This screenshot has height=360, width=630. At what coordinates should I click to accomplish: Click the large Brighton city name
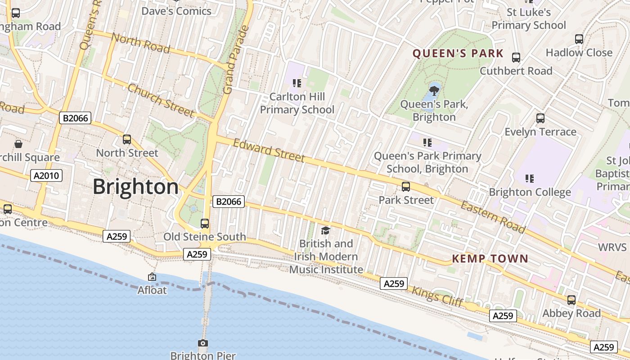pos(135,187)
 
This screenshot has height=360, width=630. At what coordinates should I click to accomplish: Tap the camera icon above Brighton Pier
pos(203,343)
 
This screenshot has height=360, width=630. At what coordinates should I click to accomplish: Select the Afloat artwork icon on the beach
pos(152,277)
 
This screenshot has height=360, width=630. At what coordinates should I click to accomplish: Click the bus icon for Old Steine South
pos(204,223)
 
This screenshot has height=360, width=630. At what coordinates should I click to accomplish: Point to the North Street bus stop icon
pos(127,139)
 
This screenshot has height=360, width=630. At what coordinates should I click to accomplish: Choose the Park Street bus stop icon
pos(406,187)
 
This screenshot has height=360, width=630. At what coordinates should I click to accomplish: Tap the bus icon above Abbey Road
pos(571,300)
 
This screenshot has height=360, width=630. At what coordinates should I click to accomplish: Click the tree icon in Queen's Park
pos(434,91)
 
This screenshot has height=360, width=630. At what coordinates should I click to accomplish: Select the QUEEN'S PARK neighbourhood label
pos(458,54)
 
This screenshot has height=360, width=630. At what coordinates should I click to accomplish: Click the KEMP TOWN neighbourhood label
pos(490,258)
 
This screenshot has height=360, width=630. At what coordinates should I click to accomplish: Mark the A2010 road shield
pos(46,175)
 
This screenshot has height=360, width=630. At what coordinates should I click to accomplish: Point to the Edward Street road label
pos(269,150)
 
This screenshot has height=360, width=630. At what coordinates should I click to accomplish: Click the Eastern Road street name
pos(492,217)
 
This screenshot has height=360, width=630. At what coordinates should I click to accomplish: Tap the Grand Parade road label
pos(236,60)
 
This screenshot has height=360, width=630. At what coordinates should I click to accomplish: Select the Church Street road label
pos(161,100)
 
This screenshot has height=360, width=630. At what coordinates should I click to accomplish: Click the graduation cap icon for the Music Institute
pos(325,230)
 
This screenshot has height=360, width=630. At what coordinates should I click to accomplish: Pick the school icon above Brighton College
pos(530,179)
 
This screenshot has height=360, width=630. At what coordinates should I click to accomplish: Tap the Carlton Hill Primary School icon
pos(297,83)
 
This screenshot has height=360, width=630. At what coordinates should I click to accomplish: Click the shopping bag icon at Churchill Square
pos(18,144)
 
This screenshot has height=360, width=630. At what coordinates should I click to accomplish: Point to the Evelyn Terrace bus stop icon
pos(540,118)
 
